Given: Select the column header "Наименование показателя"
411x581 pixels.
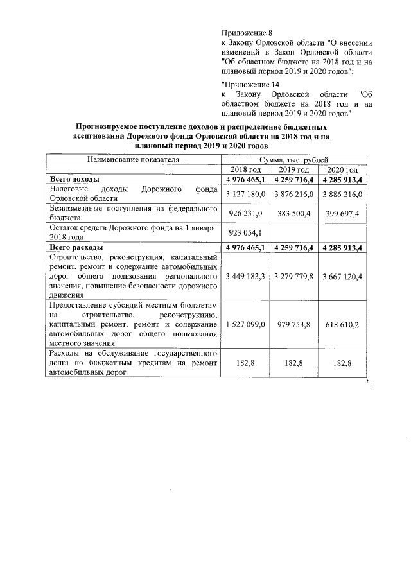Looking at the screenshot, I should pyautogui.click(x=133, y=159).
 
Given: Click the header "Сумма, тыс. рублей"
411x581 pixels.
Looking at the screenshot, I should pyautogui.click(x=294, y=159).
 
